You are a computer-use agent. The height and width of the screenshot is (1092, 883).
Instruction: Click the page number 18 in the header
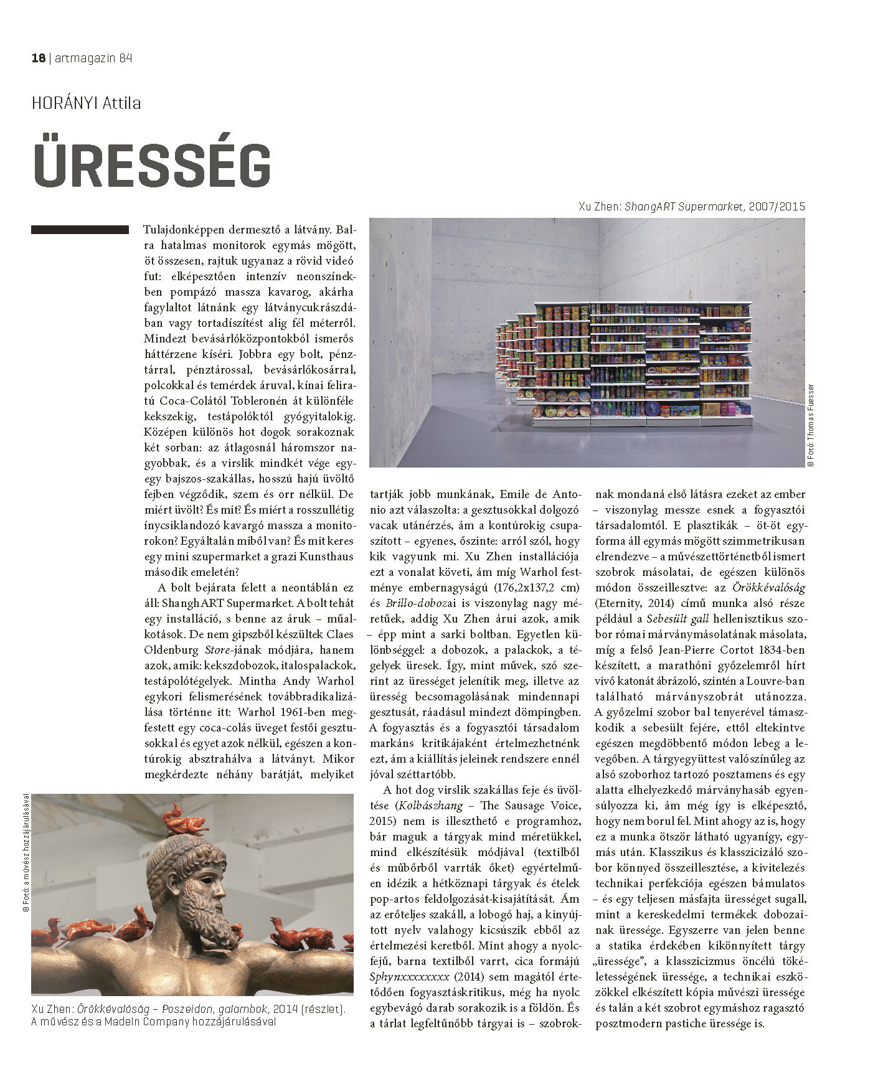pos(38,59)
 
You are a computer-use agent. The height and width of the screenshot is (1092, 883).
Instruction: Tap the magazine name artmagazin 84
pos(94,59)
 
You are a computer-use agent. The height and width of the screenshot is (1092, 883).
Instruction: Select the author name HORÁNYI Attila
pos(86,103)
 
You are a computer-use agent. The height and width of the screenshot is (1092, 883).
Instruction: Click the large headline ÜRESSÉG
pos(152,166)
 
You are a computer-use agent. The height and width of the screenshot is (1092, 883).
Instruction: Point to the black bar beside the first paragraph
pos(80,230)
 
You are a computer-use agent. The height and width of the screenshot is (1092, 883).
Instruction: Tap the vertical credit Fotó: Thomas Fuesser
pos(810,425)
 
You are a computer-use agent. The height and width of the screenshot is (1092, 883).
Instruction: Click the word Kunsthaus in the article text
pos(325,556)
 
